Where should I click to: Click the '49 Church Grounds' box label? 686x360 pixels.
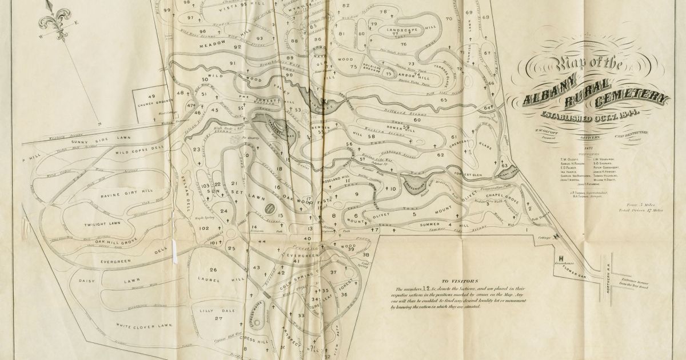tap(151, 101)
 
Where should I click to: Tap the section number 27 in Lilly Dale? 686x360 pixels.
tap(218, 318)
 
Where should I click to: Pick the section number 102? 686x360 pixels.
tap(204, 228)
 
